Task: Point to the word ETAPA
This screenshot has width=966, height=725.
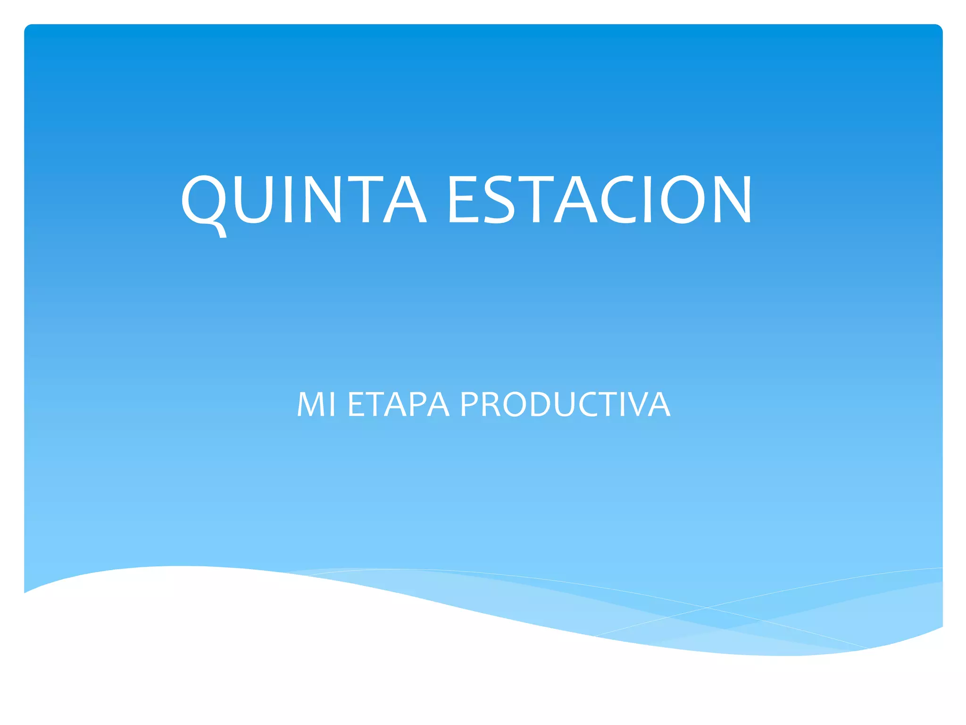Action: coord(398,405)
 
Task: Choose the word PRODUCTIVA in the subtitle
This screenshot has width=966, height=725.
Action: coord(565,405)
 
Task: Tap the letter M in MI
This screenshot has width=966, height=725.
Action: coord(309,405)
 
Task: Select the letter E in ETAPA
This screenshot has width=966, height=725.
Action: coord(356,405)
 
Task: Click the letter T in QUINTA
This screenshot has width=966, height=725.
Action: coord(365,200)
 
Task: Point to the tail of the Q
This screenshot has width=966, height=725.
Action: coord(220,231)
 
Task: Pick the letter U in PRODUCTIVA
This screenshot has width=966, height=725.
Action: coord(566,405)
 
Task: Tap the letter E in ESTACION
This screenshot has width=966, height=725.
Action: coord(460,200)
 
